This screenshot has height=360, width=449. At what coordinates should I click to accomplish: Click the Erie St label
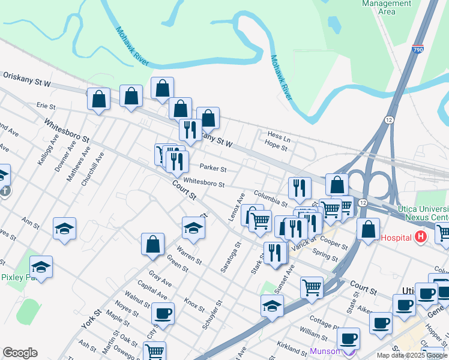point(46,106)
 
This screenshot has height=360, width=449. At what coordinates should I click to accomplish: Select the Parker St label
point(212,169)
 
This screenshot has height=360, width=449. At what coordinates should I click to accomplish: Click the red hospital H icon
point(420,236)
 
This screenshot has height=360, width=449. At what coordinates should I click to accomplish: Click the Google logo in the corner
point(20,353)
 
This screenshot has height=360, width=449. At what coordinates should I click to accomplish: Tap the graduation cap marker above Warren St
point(193,227)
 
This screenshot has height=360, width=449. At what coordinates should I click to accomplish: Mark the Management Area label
point(387,7)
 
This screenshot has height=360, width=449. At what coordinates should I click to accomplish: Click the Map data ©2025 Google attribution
point(411,355)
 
